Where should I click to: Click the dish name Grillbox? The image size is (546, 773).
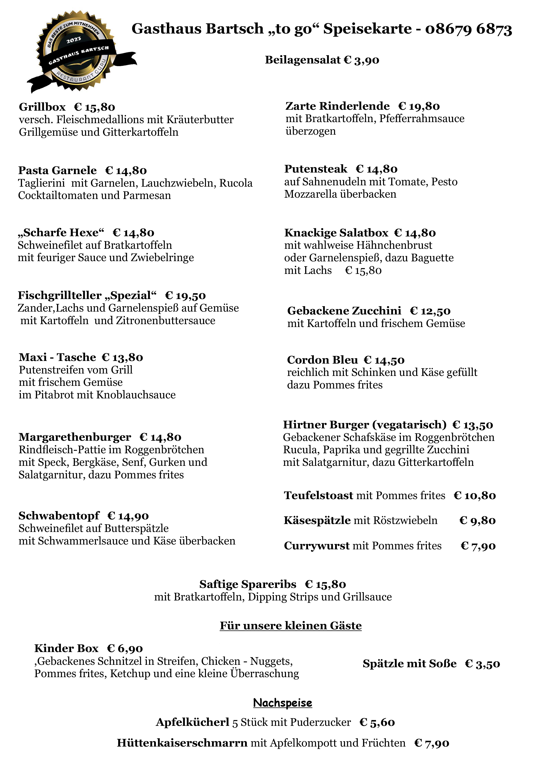[42, 107]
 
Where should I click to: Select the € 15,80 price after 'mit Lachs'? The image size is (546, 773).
[363, 270]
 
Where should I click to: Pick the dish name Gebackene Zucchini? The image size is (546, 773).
[344, 311]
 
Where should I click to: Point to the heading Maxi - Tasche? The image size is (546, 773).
[57, 357]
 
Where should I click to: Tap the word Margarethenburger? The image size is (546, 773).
[75, 437]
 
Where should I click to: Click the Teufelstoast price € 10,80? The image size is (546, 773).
[474, 496]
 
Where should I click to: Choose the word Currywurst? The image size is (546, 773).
[317, 546]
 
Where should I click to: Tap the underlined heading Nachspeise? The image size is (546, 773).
[283, 703]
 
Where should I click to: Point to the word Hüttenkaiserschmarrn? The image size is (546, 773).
[182, 743]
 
